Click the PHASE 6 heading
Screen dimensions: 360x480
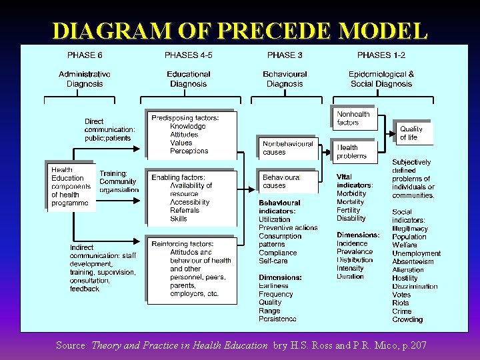pyautogui.click(x=85, y=55)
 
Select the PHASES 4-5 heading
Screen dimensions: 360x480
pyautogui.click(x=188, y=55)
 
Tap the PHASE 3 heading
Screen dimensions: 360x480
pyautogui.click(x=285, y=55)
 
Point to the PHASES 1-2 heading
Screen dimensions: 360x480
pyautogui.click(x=382, y=55)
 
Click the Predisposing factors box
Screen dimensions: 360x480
pyautogui.click(x=191, y=134)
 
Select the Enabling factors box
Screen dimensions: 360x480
pyautogui.click(x=191, y=197)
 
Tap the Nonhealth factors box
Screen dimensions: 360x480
pyautogui.click(x=354, y=118)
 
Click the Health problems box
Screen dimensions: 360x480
pyautogui.click(x=354, y=151)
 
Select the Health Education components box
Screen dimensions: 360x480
pyautogui.click(x=71, y=187)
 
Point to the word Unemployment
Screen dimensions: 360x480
pyautogui.click(x=416, y=253)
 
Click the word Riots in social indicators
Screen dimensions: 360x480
pyautogui.click(x=401, y=303)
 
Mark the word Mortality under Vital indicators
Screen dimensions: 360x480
pyautogui.click(x=351, y=201)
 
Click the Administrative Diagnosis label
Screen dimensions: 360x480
pyautogui.click(x=85, y=79)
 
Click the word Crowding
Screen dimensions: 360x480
pyautogui.click(x=407, y=319)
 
